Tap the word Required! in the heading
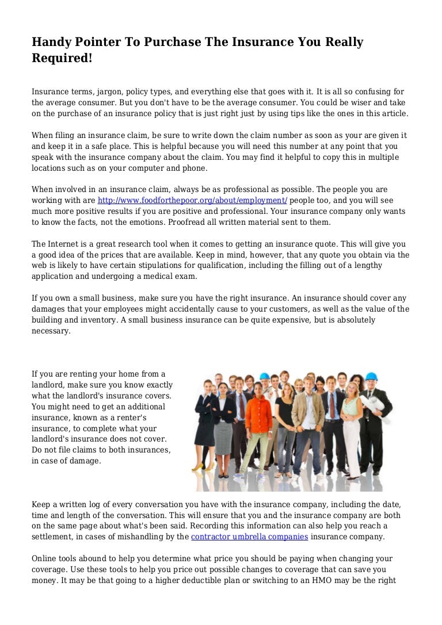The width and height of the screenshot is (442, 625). point(62,57)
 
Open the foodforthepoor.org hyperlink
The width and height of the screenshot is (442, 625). point(192,200)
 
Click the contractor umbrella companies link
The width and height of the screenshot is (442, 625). point(249,536)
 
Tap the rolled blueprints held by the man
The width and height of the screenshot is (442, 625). point(376,402)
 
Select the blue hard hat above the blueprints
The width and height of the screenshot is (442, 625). point(372,377)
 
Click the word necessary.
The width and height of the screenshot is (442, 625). point(51,331)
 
